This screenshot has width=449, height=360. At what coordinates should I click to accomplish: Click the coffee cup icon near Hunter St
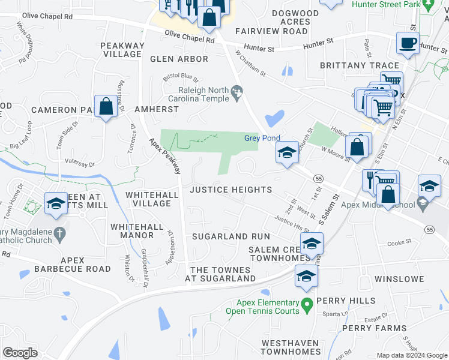[408, 44]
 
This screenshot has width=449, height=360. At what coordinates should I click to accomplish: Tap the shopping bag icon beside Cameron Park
[106, 107]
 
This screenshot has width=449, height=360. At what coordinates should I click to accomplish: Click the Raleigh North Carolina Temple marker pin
[237, 94]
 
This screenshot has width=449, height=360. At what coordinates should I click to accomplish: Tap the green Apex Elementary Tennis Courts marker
[307, 306]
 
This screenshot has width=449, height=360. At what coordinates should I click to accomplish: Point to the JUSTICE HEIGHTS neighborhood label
[231, 190]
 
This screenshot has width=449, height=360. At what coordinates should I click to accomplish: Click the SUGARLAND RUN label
[231, 237]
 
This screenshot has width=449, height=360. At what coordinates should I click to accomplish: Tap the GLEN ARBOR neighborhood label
[179, 59]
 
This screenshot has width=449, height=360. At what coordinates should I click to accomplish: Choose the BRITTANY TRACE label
[360, 65]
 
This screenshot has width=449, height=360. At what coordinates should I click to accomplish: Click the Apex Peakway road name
[166, 156]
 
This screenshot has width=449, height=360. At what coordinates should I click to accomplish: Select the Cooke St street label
[399, 243]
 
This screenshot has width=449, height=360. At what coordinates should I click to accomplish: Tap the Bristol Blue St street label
[181, 77]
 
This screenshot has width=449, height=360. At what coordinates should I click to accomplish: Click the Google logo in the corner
[20, 353]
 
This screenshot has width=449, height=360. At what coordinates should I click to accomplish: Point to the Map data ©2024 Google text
[411, 355]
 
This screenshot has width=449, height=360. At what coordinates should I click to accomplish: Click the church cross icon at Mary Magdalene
[59, 232]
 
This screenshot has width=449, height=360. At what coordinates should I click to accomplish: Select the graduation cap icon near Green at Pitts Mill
[56, 204]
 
